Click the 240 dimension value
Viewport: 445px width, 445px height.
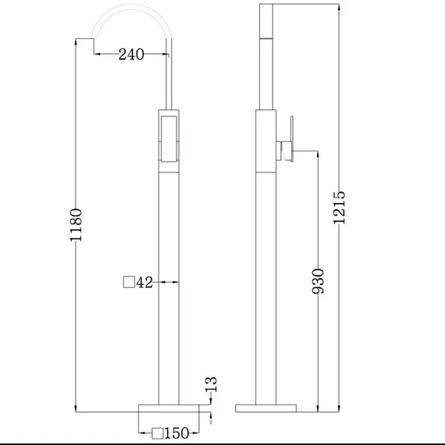(130, 55)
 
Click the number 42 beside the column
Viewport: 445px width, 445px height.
(144, 283)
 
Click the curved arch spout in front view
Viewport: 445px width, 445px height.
(131, 17)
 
